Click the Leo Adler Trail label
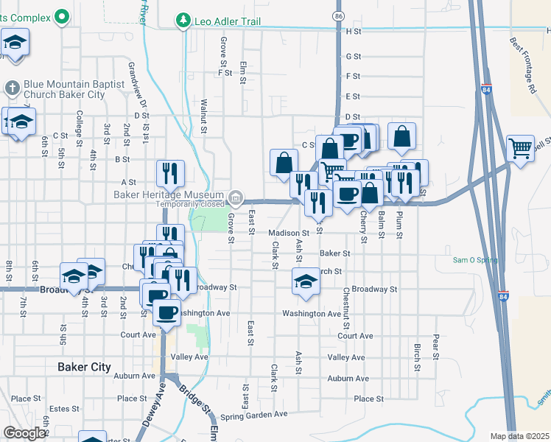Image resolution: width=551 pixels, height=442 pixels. (x=227, y=21)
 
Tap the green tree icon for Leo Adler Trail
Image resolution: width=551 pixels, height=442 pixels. (x=183, y=21)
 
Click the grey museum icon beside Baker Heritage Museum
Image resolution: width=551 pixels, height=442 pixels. (x=236, y=197)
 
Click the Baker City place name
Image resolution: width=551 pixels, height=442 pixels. (x=84, y=367)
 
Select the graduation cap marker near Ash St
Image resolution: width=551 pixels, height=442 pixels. (x=306, y=281)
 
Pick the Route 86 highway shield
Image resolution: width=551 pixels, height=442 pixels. (x=338, y=15)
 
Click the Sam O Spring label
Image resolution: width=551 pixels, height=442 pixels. (x=475, y=260)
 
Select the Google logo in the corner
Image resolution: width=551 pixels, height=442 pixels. (x=24, y=433)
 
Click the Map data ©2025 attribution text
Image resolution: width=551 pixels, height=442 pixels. (x=520, y=436)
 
